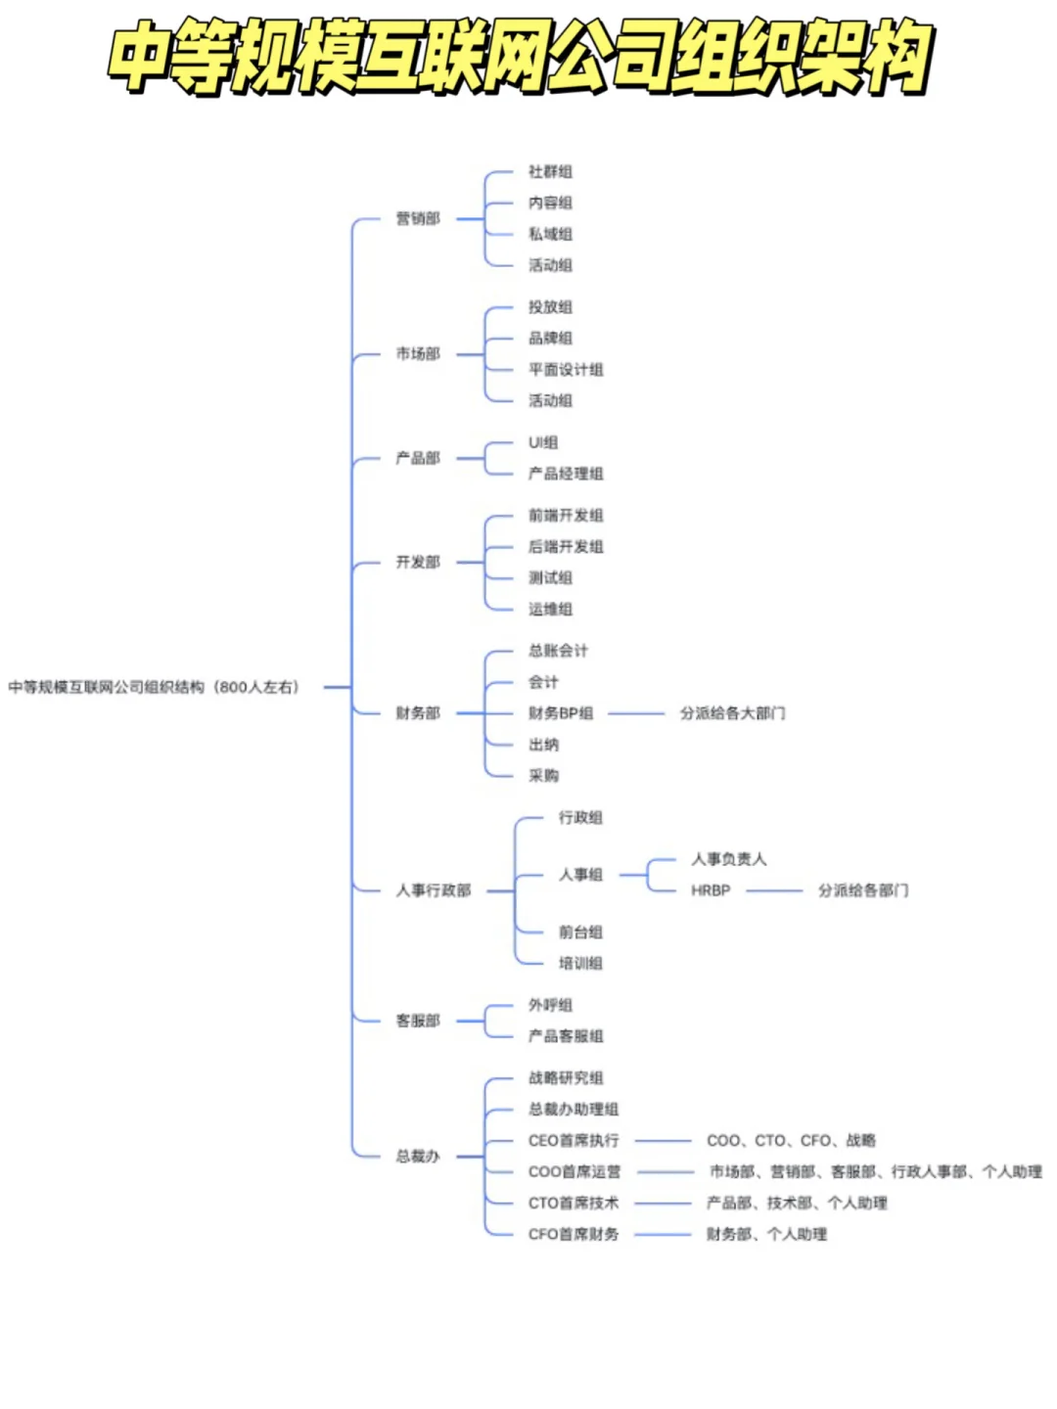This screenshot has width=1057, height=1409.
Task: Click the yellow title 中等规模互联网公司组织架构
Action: click(519, 57)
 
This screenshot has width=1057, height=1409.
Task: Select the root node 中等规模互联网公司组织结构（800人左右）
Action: click(154, 688)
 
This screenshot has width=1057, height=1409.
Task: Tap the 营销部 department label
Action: click(418, 218)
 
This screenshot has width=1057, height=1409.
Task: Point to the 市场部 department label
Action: click(418, 353)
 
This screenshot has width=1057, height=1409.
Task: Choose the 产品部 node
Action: click(418, 458)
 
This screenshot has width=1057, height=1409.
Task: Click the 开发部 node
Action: click(418, 562)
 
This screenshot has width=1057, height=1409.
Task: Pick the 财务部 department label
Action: click(418, 713)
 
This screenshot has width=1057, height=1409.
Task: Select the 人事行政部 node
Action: click(434, 890)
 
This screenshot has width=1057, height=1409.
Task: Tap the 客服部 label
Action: click(418, 1021)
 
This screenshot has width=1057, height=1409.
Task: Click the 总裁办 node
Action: click(418, 1157)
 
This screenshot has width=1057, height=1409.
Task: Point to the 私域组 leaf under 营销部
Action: click(550, 234)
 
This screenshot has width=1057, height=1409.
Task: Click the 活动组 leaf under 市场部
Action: click(550, 400)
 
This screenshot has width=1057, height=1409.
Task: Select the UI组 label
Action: click(543, 442)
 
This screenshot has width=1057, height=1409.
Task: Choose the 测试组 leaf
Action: click(550, 577)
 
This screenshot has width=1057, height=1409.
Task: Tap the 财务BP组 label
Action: click(561, 713)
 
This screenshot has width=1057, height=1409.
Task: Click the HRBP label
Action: click(711, 890)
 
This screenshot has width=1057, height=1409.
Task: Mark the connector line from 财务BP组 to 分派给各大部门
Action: click(636, 713)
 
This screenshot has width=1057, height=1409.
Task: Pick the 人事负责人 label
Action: click(729, 859)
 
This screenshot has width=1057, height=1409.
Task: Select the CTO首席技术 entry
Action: click(574, 1204)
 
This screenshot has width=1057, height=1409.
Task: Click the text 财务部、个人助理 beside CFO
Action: click(766, 1235)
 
